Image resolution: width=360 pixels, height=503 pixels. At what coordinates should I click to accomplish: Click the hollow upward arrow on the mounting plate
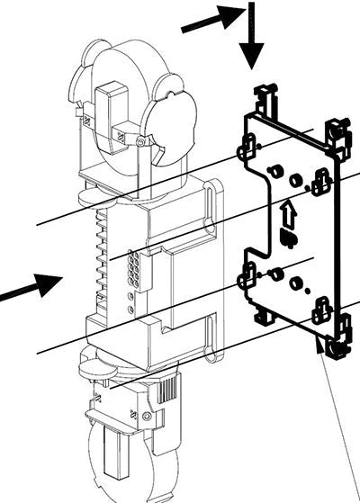click(288, 215)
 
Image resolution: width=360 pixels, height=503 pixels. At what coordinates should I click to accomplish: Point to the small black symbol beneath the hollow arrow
click(289, 238)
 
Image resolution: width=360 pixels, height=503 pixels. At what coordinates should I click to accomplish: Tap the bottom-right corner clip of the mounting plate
click(335, 346)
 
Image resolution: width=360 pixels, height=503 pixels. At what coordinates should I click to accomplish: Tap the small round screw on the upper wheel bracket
click(140, 142)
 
